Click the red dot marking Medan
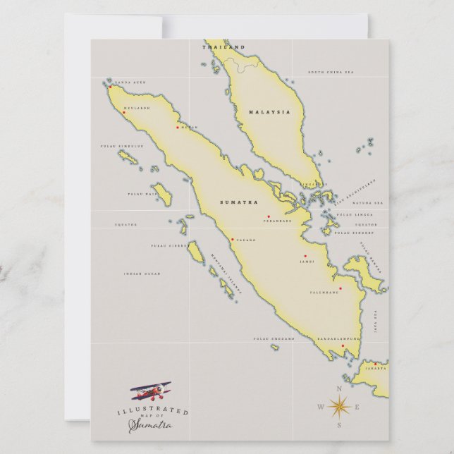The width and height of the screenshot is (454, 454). (178, 128)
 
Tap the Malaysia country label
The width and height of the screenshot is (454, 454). (269, 112)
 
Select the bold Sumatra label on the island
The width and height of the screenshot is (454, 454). (239, 202)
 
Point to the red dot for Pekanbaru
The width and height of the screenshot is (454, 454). (268, 217)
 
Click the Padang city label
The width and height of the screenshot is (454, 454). (246, 240)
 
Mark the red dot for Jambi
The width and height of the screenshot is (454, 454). (305, 256)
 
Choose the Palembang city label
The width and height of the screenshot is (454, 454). (324, 293)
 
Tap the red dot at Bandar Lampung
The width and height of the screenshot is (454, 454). (343, 345)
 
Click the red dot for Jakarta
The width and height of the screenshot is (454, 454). (385, 364)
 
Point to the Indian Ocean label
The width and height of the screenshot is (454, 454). (142, 274)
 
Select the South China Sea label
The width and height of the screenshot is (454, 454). (330, 72)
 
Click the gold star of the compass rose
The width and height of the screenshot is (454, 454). (339, 406)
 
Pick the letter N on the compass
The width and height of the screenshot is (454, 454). (339, 388)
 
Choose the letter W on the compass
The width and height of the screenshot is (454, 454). (321, 407)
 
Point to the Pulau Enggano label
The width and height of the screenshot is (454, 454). (274, 338)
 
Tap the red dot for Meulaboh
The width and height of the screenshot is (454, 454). (124, 112)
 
